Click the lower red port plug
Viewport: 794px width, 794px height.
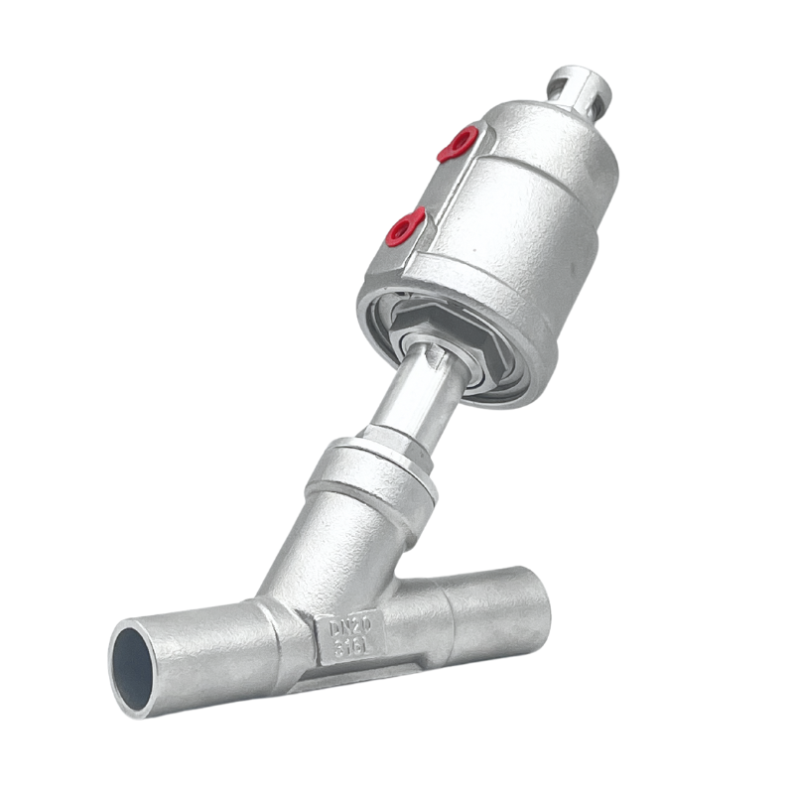[405, 227]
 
